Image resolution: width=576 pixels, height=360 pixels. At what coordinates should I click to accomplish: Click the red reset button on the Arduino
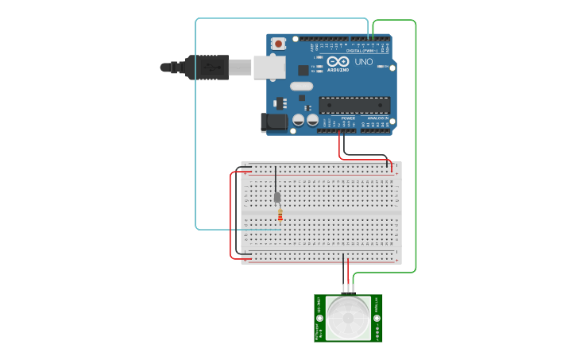pyautogui.click(x=278, y=44)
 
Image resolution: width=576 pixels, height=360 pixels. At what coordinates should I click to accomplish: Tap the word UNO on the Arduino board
pyautogui.click(x=363, y=62)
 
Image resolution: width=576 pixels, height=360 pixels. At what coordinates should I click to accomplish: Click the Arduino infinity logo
pyautogui.click(x=338, y=61)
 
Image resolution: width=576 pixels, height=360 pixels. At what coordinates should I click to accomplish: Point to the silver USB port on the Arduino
pyautogui.click(x=269, y=68)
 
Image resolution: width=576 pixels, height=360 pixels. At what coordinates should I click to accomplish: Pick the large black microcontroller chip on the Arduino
pyautogui.click(x=354, y=105)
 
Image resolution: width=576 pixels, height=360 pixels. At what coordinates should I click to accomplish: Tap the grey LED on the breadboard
pyautogui.click(x=276, y=197)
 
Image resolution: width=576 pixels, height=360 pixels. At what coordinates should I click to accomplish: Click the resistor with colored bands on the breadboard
pyautogui.click(x=280, y=215)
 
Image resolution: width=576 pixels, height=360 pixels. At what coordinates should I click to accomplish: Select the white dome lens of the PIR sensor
pyautogui.click(x=348, y=318)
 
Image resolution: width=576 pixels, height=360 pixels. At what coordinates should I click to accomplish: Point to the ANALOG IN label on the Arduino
pyautogui.click(x=377, y=118)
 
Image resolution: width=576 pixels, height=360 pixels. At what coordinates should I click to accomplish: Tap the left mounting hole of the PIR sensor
pyautogui.click(x=321, y=318)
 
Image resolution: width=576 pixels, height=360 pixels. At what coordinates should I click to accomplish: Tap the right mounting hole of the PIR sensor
pyautogui.click(x=377, y=318)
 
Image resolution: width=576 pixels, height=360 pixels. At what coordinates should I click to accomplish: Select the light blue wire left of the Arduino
pyautogui.click(x=195, y=127)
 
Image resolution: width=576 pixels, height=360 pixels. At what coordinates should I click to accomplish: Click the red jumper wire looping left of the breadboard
pyautogui.click(x=231, y=215)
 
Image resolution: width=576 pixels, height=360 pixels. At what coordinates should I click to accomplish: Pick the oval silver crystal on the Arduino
pyautogui.click(x=301, y=85)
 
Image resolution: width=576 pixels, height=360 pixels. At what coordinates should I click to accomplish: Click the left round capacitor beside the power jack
pyautogui.click(x=299, y=120)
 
